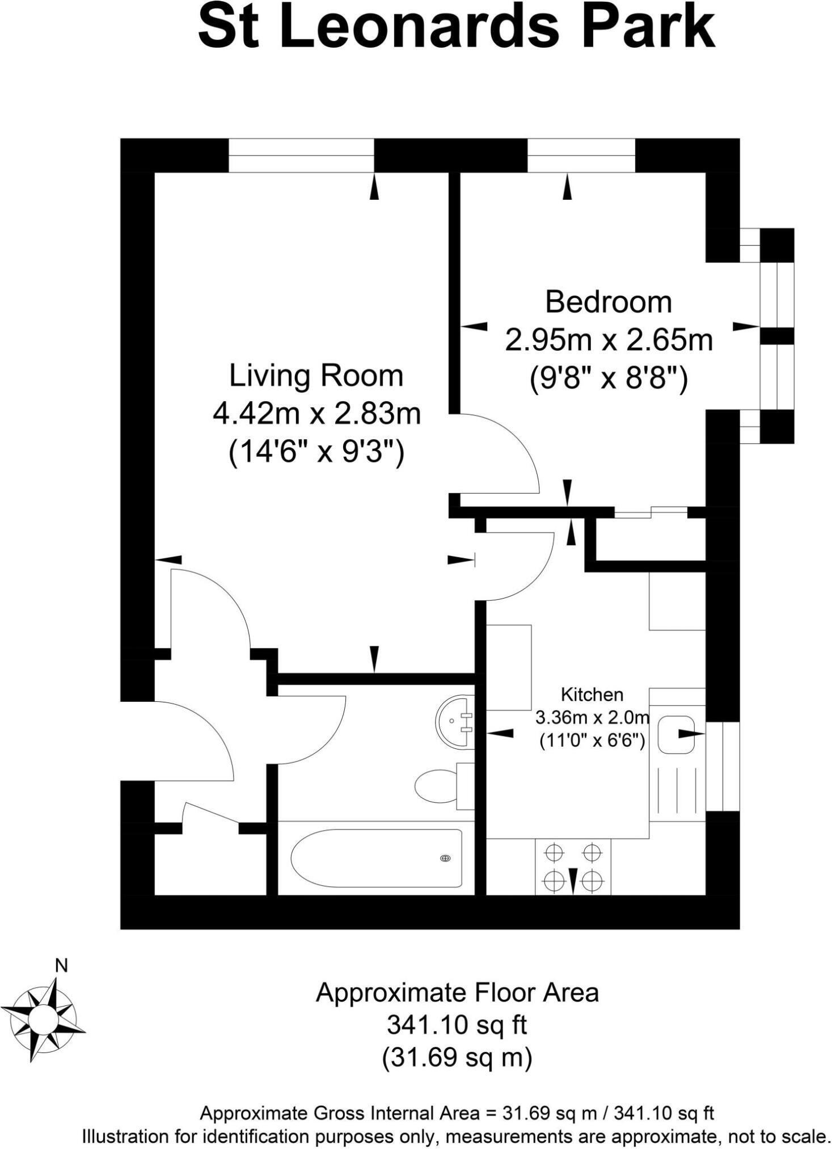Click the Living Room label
(x=316, y=376)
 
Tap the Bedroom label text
(x=608, y=302)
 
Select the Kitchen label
(x=592, y=695)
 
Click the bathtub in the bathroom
(x=376, y=858)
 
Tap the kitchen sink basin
(x=677, y=734)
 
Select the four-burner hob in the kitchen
(x=573, y=866)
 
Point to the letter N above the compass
(x=61, y=966)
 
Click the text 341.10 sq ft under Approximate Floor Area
(x=457, y=1025)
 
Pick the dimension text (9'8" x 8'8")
(x=608, y=378)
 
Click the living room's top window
(x=301, y=155)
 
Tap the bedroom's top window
(x=580, y=155)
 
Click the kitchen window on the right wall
(x=723, y=766)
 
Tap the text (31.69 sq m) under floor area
(x=457, y=1057)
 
